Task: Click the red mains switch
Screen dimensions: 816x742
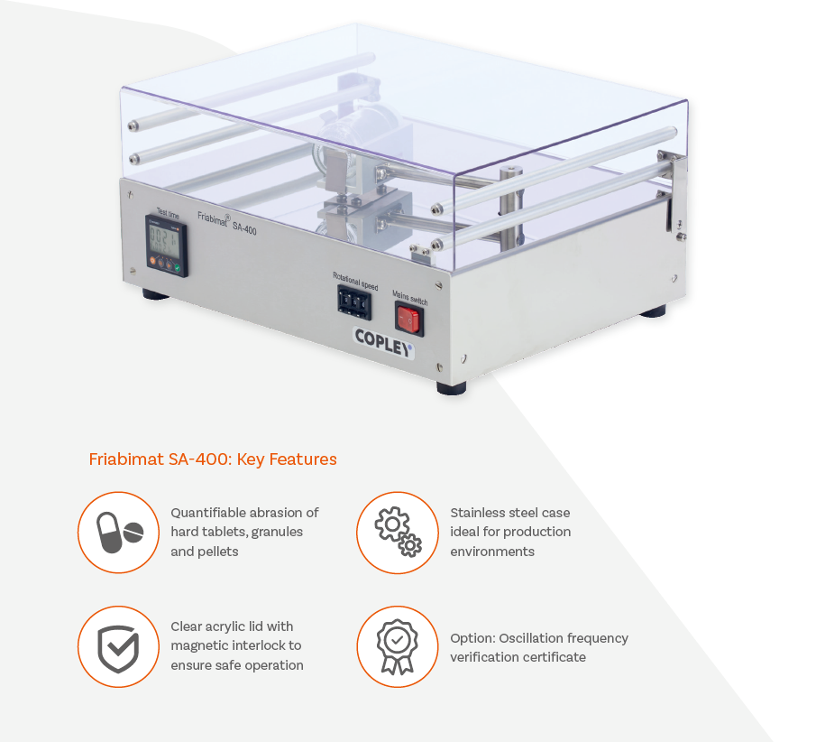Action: [408, 320]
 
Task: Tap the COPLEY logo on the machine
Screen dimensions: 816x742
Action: [383, 343]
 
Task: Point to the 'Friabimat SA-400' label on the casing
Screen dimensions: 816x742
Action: [227, 222]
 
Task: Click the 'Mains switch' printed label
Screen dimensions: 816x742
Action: [409, 298]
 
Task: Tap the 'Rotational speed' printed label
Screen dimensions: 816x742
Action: [355, 282]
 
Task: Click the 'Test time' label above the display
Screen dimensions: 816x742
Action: [168, 213]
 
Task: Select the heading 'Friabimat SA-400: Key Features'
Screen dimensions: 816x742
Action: [213, 459]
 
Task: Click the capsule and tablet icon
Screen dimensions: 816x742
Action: [119, 532]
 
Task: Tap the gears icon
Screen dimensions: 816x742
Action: [398, 532]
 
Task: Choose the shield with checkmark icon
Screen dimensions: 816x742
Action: [119, 646]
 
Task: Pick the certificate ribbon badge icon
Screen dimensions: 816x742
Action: [398, 646]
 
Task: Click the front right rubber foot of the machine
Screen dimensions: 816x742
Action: [451, 387]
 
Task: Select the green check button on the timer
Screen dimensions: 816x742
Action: [178, 268]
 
